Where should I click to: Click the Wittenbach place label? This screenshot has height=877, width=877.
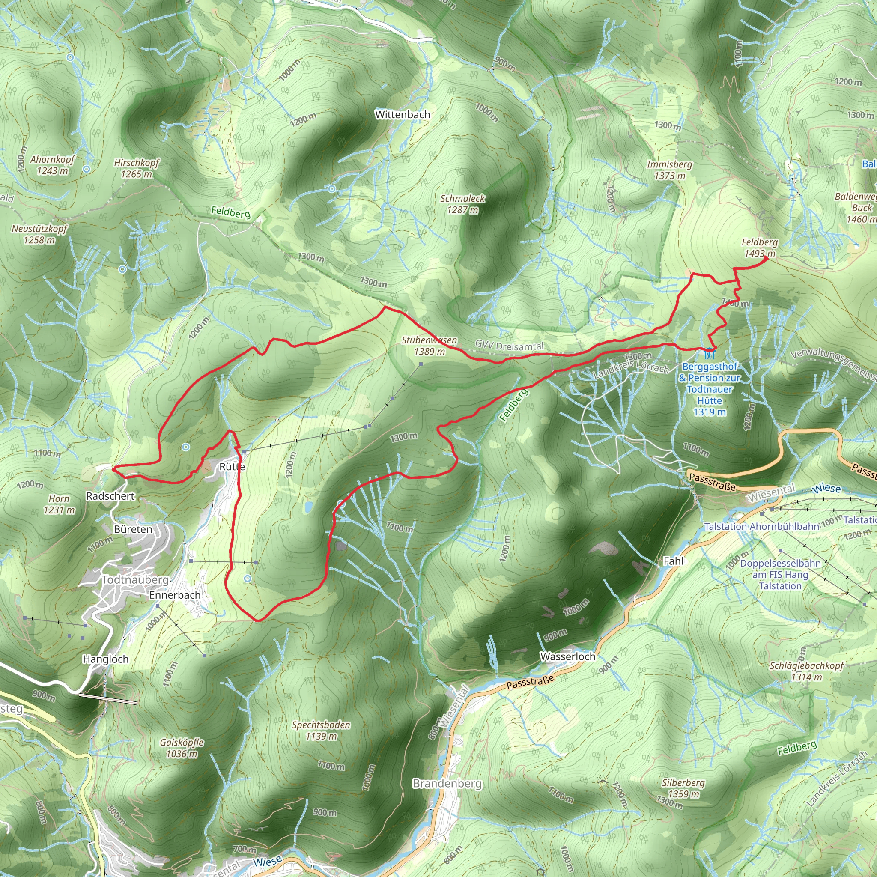click(x=402, y=115)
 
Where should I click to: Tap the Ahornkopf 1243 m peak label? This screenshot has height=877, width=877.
click(x=53, y=165)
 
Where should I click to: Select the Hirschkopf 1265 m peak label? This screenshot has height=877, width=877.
click(x=137, y=168)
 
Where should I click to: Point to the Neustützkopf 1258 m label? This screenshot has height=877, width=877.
click(x=39, y=234)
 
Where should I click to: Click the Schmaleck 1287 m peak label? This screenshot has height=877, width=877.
click(x=462, y=204)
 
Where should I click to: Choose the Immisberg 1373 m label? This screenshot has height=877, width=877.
click(x=670, y=170)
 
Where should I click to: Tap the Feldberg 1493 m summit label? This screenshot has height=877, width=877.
click(x=759, y=248)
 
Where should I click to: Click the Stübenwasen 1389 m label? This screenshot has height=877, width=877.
click(x=430, y=346)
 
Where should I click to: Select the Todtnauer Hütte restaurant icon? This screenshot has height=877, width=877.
click(x=710, y=353)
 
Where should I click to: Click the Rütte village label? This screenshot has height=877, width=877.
click(x=232, y=467)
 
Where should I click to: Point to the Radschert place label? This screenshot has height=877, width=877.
click(x=110, y=496)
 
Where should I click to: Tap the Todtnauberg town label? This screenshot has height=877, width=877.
click(x=135, y=580)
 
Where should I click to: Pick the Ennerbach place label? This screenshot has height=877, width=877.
click(x=175, y=595)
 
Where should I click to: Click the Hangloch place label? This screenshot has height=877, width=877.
click(x=105, y=659)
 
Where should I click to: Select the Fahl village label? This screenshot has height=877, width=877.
click(x=673, y=561)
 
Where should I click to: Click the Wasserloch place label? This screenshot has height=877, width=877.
click(x=567, y=656)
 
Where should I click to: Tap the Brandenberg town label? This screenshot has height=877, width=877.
click(x=447, y=784)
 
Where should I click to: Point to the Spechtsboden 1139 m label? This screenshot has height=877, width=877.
click(x=321, y=731)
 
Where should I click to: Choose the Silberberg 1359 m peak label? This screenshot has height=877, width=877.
click(x=683, y=788)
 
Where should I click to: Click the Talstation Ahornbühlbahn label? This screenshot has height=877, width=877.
click(x=762, y=527)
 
